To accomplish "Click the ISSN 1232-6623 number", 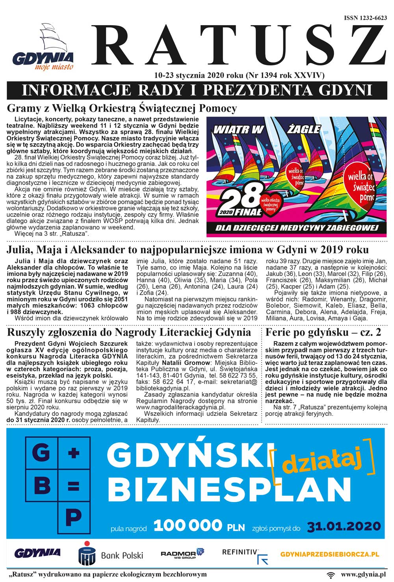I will tap(365, 18).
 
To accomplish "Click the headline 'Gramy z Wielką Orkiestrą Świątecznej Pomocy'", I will tap(122, 108).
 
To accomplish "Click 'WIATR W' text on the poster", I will tap(238, 129).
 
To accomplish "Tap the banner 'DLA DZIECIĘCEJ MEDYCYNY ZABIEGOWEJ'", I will tap(297, 228).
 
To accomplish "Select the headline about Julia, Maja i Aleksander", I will tap(188, 250).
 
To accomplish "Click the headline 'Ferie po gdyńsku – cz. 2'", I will tap(323, 332).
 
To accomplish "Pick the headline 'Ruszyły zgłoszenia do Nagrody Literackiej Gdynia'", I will tap(129, 332).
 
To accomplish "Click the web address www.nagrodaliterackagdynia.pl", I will tap(181, 407).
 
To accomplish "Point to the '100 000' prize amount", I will tap(188, 526).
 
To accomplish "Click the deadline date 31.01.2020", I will tap(344, 526).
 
